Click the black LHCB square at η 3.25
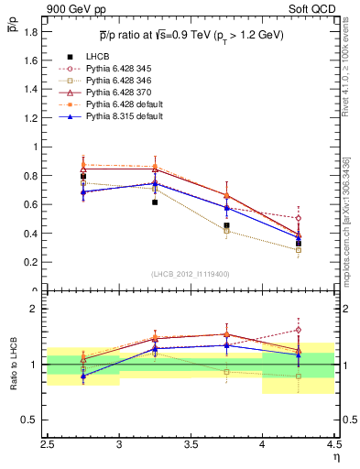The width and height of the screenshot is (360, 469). [155, 202]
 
